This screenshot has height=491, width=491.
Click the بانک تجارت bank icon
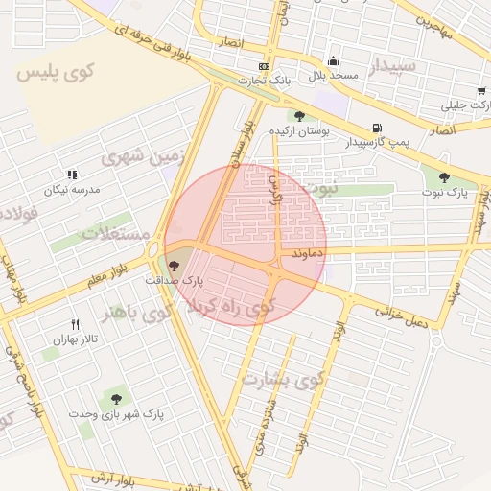click(264, 66)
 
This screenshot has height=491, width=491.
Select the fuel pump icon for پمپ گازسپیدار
click(375, 128)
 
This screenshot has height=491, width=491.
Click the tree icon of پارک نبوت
click(443, 177)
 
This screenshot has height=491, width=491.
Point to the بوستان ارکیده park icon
click(300, 116)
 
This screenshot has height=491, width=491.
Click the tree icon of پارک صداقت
click(173, 266)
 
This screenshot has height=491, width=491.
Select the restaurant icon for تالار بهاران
click(75, 325)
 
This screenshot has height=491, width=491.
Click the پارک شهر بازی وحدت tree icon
click(116, 398)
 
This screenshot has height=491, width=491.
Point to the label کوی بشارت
click(285, 379)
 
